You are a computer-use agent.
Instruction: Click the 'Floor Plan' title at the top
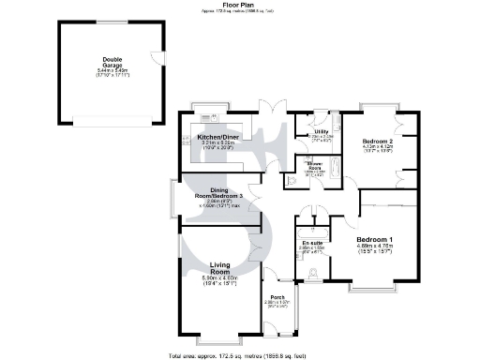pos(239,5)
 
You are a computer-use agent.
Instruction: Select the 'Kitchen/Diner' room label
pos(217,138)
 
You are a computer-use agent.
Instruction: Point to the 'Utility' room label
pos(321,131)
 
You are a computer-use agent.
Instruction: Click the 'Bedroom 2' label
pos(377,141)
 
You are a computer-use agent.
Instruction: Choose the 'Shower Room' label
pos(314,164)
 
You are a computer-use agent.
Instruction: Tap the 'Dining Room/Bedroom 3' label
pos(217,192)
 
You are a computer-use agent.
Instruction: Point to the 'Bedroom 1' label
pos(374,239)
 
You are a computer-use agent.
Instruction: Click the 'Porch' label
pos(277,297)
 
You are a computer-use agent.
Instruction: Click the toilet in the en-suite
pos(314,274)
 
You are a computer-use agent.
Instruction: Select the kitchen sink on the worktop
pos(212,118)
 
